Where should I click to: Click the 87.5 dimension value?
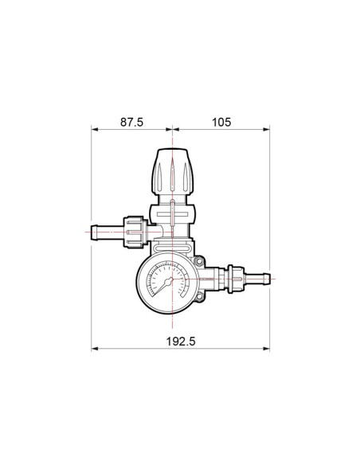click(131, 122)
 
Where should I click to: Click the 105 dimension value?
click(221, 122)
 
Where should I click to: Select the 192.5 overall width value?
click(181, 342)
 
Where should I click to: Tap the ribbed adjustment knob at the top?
click(173, 171)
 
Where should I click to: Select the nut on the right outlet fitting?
click(236, 279)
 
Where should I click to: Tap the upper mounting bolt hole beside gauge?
click(199, 261)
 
